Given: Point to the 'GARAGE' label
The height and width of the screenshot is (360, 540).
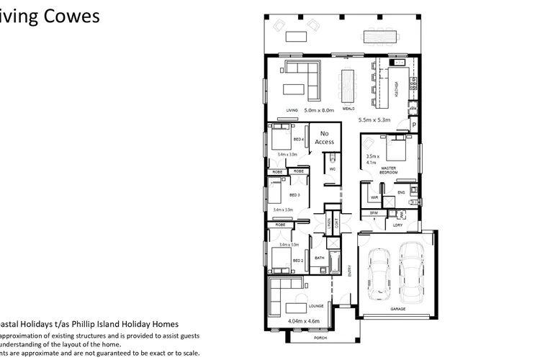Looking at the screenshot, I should (398, 307).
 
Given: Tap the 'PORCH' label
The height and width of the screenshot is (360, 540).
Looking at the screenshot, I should (319, 338).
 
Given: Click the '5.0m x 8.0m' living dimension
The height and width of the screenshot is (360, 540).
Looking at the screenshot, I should (320, 110).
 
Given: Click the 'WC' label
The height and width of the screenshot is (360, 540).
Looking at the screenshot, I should (333, 168).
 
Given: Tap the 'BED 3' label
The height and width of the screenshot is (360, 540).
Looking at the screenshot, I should (294, 195).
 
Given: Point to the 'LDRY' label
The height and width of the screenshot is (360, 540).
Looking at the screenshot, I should (397, 225).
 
